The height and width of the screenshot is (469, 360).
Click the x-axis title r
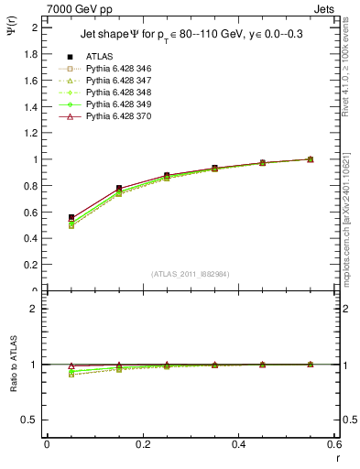[338, 458]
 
